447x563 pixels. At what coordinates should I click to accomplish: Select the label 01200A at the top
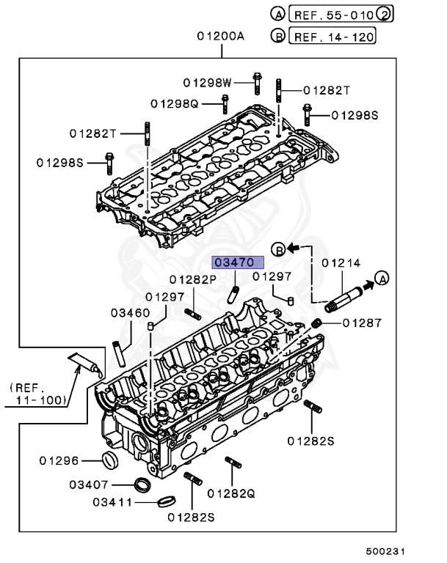coord(220,37)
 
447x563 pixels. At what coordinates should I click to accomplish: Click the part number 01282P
coord(193,279)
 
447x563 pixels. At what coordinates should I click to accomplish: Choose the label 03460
coord(131,312)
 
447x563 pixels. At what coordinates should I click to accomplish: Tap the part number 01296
coord(59,460)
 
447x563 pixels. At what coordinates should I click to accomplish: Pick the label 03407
coord(89,485)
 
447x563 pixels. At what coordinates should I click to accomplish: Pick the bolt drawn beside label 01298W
coord(257,84)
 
